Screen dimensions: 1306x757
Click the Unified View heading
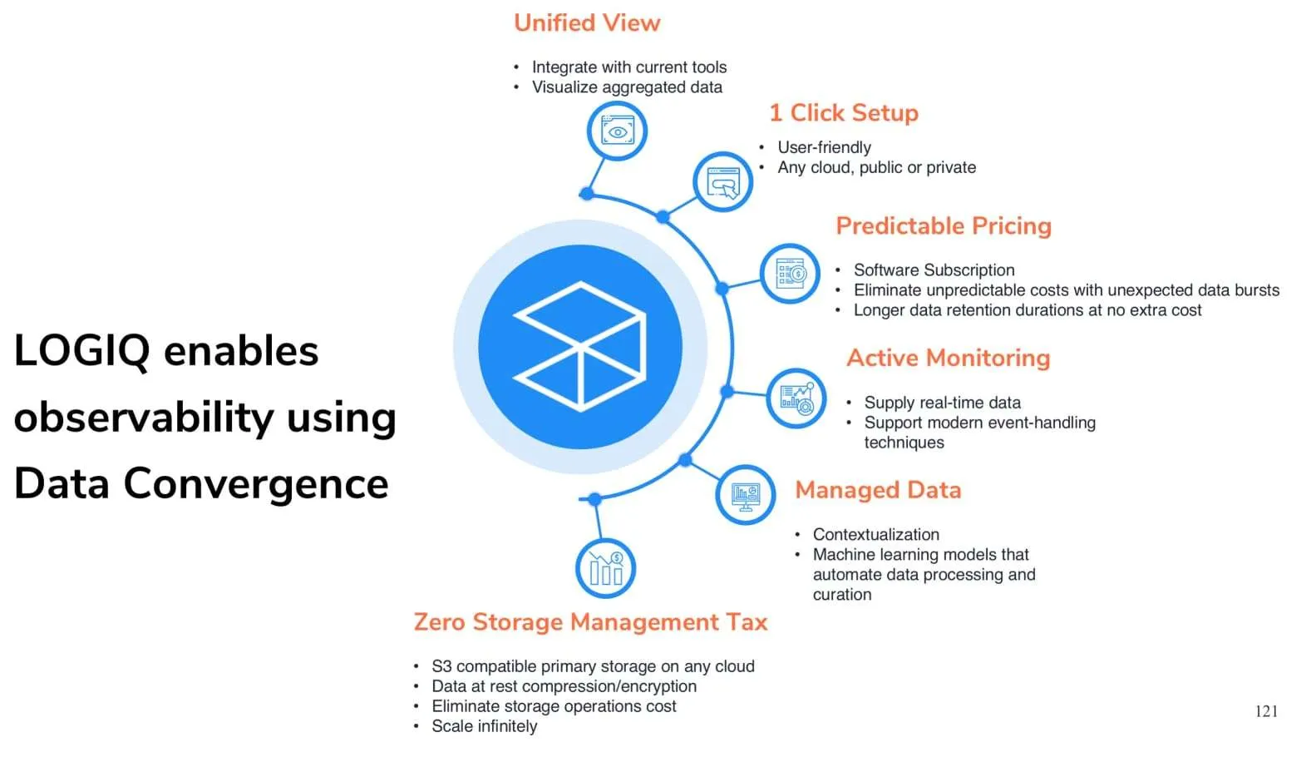[587, 23]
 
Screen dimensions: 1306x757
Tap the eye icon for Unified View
[617, 131]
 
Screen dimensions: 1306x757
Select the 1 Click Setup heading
[844, 112]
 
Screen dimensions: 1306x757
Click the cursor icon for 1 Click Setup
[723, 182]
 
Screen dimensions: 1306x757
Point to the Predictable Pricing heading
[944, 225]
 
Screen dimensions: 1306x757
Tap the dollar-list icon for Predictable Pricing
[790, 274]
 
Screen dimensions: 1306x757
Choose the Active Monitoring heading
[948, 358]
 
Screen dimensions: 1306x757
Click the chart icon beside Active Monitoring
[796, 398]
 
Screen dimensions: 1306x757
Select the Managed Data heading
[878, 490]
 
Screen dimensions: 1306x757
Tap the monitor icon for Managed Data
[746, 495]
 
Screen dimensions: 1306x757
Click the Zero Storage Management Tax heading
[590, 621]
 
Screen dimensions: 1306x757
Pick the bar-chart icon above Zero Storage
[605, 568]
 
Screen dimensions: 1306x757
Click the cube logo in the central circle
[580, 347]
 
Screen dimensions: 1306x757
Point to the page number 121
[1266, 711]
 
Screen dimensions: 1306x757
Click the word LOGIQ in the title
[81, 351]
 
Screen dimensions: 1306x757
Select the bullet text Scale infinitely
[484, 726]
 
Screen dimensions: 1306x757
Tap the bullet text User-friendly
[824, 147]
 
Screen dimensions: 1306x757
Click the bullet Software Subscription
[934, 270]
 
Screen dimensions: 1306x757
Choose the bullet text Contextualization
[875, 534]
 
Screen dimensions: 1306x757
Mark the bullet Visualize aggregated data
[627, 87]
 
